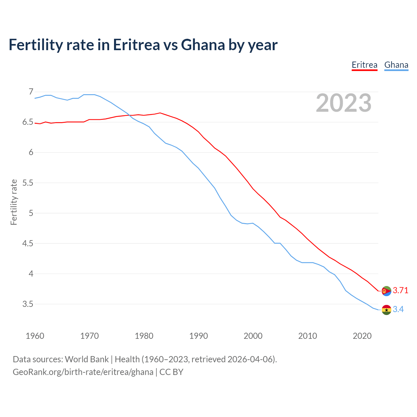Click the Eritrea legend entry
coord(364,65)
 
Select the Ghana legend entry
coord(396,65)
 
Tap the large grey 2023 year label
coord(344,103)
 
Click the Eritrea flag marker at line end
coord(386,291)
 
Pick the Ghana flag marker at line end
coord(386,310)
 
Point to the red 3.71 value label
coord(400,291)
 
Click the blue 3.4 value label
coord(398,309)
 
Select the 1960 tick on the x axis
coord(35,336)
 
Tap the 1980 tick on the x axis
coord(144,336)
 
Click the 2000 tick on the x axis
coord(253,336)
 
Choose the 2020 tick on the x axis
coord(362,336)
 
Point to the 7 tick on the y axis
coord(31,92)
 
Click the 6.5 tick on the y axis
coord(28,122)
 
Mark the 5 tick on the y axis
coord(31,213)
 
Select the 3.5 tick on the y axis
coord(28,304)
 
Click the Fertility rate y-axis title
coord(14,202)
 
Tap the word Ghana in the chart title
coord(203,45)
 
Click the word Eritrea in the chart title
coord(136,45)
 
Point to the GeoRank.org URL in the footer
coord(83,372)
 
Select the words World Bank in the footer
coord(87,359)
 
